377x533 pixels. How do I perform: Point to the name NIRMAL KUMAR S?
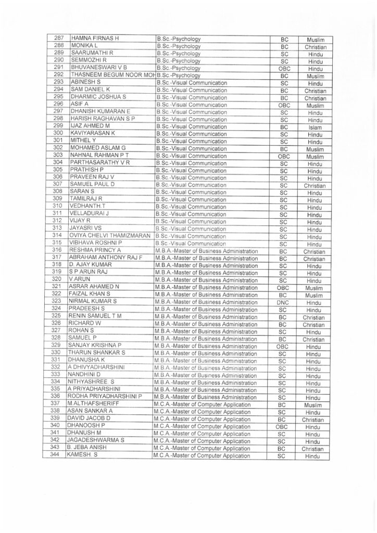pos(93,301)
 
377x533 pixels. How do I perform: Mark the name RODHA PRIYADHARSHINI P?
pos(106,397)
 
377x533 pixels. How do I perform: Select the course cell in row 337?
pos(202,405)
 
